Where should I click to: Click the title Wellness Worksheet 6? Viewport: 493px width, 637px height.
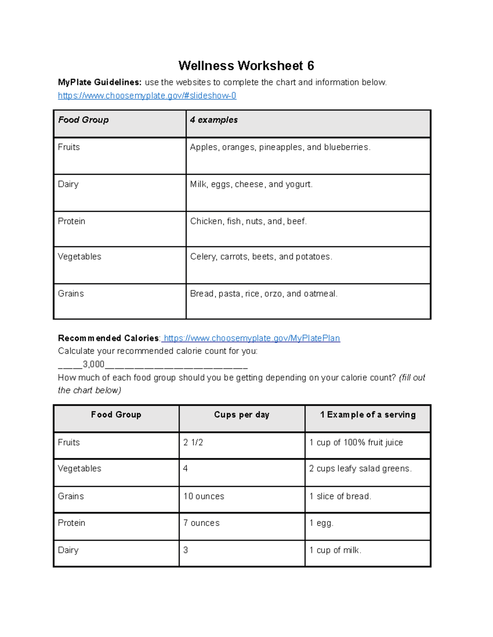coord(246,66)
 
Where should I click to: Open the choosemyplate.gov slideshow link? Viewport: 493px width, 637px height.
coord(147,96)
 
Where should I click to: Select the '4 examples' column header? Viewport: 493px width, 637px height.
coord(214,120)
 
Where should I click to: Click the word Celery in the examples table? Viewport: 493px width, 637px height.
coord(203,257)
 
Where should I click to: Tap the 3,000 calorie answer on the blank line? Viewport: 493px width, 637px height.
coord(94,364)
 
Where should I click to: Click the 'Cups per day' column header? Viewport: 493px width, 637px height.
coord(242,415)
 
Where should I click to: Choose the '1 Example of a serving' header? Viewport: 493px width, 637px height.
coord(368,415)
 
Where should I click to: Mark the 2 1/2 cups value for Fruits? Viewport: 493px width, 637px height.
coord(193,443)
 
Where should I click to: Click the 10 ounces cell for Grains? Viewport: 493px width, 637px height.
coord(204,496)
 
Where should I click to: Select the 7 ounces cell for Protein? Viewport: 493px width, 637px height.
coord(201,523)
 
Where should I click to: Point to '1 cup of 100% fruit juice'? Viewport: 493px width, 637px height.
coord(356,443)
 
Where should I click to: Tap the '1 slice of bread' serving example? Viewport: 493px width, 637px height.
coord(340,496)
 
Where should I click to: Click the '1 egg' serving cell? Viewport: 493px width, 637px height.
coord(321,523)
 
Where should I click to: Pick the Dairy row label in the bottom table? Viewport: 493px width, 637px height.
coord(68,550)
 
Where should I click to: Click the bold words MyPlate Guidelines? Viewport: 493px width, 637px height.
coord(99,82)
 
